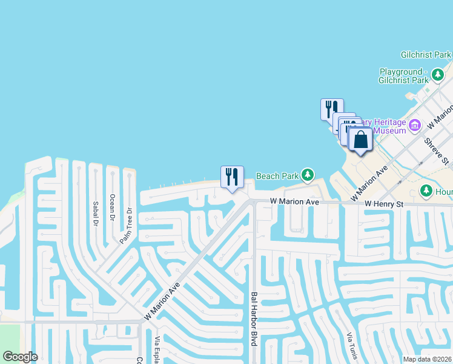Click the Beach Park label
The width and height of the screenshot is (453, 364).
coord(277,176)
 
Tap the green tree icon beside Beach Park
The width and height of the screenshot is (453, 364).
coord(308,175)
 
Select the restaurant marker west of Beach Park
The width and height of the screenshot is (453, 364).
coord(232,177)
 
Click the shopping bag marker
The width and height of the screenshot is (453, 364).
coord(360,140)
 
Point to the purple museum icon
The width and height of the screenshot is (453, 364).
coord(415,126)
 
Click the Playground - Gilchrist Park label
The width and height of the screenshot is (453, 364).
coord(403,76)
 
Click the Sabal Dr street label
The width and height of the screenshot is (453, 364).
coord(96,213)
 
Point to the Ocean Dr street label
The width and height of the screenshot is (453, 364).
coord(112,206)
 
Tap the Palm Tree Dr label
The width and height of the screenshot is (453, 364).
coord(126,226)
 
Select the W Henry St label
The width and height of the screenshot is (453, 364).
coord(384,204)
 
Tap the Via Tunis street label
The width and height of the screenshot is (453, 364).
coord(349,345)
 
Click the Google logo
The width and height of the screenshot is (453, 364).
coord(20,357)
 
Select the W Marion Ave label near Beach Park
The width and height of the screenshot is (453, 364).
coord(294,201)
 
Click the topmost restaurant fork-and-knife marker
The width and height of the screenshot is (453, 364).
coord(332,109)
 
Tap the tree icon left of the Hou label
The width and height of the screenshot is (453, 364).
coord(426,191)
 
